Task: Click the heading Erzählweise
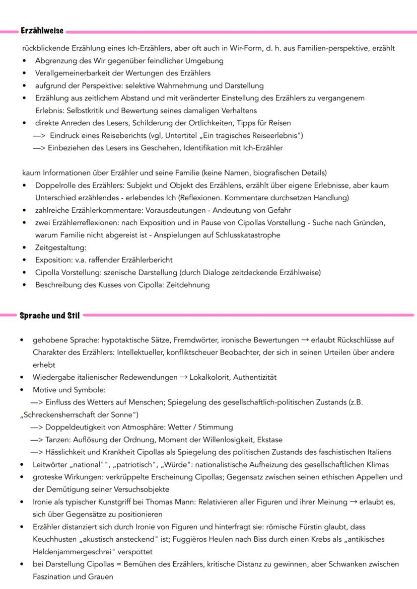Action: click(x=42, y=31)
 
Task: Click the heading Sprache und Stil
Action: click(x=49, y=315)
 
